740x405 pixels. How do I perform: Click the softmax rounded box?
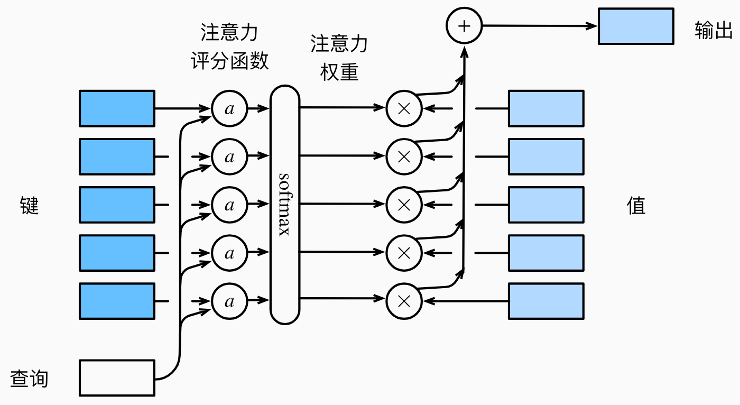[x=285, y=205]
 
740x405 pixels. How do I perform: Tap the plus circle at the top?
[x=464, y=26]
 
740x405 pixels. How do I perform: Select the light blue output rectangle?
[x=636, y=26]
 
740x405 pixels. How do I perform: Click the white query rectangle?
[x=117, y=378]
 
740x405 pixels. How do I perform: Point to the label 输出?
[x=714, y=32]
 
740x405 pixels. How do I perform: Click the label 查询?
[x=30, y=379]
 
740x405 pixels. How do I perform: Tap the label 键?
[x=30, y=205]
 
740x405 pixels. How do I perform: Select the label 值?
[x=636, y=205]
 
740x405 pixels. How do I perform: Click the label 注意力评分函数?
[x=229, y=47]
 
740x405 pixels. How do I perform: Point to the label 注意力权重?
[x=339, y=58]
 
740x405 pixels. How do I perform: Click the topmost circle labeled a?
[x=229, y=109]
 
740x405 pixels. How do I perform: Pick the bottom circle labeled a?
[x=229, y=301]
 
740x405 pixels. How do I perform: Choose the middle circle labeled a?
[x=229, y=205]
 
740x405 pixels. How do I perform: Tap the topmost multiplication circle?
[x=404, y=109]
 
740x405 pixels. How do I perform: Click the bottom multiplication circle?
[x=404, y=301]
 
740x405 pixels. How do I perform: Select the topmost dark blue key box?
[x=117, y=108]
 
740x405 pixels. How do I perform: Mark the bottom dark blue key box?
[x=117, y=301]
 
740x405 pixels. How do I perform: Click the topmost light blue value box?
[x=546, y=108]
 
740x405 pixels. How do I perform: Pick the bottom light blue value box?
[x=546, y=301]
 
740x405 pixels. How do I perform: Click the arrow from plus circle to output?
[x=539, y=26]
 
